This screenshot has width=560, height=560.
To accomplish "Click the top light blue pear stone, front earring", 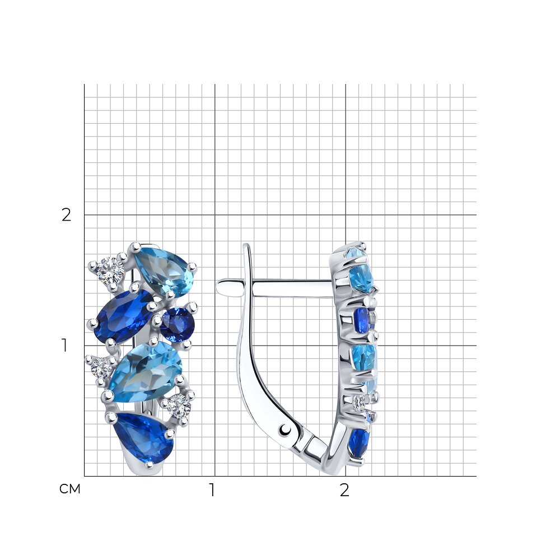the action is click(164, 270).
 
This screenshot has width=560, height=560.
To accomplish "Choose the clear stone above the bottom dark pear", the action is click(180, 407).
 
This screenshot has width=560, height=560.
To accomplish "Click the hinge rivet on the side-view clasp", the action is click(285, 430).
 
